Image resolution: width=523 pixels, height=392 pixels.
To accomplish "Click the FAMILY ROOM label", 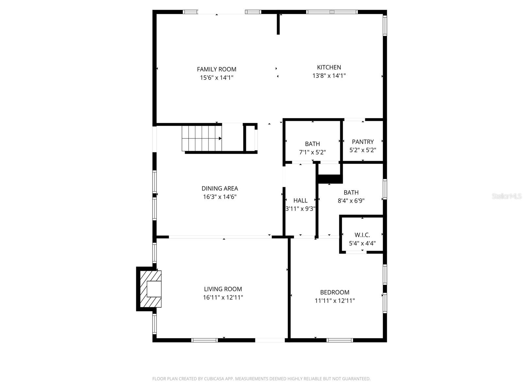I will (216, 69).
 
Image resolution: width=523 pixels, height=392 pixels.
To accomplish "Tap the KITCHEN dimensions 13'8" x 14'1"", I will (329, 76).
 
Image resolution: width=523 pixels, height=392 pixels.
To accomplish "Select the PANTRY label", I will (363, 142).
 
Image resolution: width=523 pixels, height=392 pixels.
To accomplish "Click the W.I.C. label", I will (362, 235).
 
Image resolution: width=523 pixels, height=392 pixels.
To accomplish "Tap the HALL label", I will (300, 201).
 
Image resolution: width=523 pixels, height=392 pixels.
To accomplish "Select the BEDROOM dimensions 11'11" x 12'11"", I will (334, 301).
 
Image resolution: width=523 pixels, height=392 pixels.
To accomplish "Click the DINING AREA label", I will (220, 188).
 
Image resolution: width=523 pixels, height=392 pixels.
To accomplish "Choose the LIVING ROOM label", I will (223, 289).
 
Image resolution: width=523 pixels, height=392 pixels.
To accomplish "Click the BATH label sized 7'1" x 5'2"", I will (312, 144).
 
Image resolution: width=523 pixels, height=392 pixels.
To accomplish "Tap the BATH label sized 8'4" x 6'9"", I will (351, 193).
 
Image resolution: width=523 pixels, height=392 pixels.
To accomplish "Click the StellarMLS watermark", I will (506, 196).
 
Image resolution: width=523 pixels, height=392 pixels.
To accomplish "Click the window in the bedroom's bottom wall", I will (340, 340).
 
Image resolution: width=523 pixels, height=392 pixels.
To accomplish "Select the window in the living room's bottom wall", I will (204, 340).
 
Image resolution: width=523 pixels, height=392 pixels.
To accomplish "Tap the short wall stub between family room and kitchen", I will (278, 24).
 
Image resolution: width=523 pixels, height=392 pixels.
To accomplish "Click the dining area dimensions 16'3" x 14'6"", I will (220, 197).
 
